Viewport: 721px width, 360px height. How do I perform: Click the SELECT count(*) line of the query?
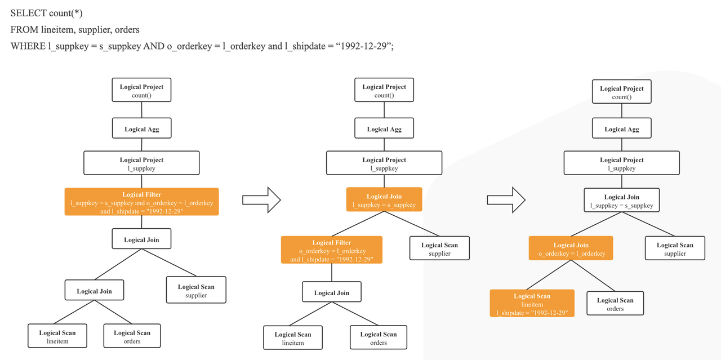click(x=46, y=13)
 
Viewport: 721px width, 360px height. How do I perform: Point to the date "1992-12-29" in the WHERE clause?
click(x=363, y=46)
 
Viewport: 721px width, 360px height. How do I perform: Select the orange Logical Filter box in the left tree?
click(x=141, y=202)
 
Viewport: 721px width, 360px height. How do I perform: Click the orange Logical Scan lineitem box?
click(x=532, y=304)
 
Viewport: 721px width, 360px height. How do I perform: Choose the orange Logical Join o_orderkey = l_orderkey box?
click(x=571, y=248)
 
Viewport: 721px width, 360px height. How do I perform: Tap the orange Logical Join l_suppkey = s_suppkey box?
click(x=384, y=200)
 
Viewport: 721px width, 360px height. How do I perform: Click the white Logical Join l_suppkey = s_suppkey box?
click(x=621, y=201)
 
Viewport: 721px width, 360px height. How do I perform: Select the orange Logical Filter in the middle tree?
click(x=331, y=250)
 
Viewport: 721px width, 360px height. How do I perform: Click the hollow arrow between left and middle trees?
click(x=261, y=200)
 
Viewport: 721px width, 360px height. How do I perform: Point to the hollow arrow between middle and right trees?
click(x=506, y=200)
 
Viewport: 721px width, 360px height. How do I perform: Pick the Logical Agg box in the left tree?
click(x=141, y=129)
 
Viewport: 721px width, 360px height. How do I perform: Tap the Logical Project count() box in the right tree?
click(x=621, y=92)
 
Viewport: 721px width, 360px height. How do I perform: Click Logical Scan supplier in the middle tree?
click(x=439, y=248)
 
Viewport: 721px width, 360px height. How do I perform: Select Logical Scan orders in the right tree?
click(x=615, y=304)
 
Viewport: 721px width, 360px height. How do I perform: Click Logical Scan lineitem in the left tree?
click(x=57, y=336)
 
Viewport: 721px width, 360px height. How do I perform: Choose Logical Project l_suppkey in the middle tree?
click(x=384, y=163)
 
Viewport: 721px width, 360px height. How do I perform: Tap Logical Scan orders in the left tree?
click(x=132, y=336)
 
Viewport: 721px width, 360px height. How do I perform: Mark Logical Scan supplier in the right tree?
click(x=675, y=248)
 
